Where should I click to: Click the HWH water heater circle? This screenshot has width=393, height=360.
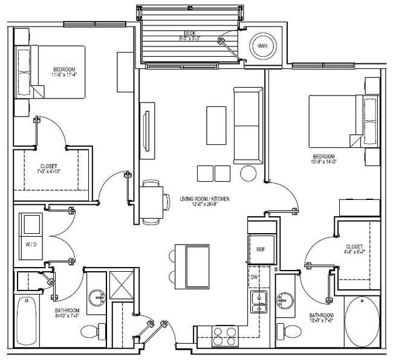262,46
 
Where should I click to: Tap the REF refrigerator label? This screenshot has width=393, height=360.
261,249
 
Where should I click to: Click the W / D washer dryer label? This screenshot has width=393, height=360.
31,245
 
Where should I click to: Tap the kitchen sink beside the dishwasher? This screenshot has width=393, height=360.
259,299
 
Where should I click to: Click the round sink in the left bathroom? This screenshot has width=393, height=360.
97,298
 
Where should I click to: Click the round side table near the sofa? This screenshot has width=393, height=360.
249,173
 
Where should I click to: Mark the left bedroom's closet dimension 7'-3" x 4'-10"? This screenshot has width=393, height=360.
48,170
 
